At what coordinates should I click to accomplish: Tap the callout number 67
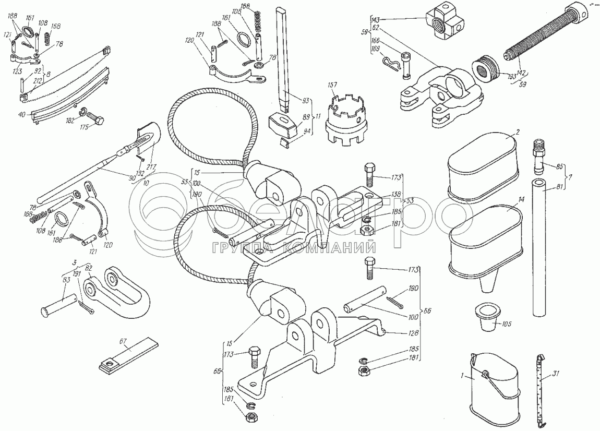coord(123,341)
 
